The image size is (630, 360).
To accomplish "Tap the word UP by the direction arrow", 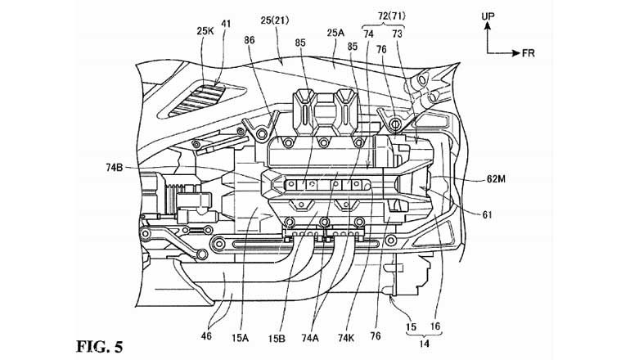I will [x=488, y=15].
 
